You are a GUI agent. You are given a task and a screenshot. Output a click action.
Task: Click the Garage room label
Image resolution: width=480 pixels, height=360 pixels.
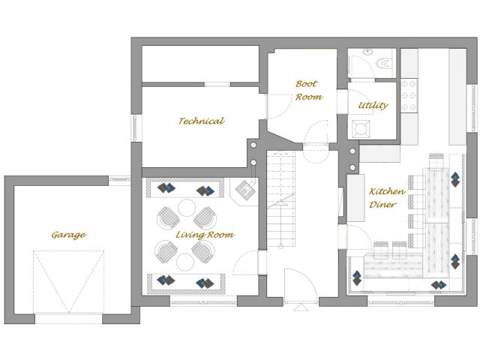pyautogui.click(x=68, y=235)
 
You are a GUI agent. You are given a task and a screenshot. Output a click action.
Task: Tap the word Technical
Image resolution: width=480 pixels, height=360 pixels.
pyautogui.click(x=201, y=121)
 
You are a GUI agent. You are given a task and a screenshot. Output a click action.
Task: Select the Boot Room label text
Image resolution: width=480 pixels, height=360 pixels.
pyautogui.click(x=308, y=90)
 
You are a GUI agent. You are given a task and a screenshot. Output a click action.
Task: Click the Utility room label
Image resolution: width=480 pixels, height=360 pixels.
pyautogui.click(x=373, y=105)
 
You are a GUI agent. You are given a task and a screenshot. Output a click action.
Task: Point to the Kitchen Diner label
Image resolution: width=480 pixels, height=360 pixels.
pyautogui.click(x=386, y=198)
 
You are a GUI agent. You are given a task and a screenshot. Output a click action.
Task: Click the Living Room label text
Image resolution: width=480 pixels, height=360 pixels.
pyautogui.click(x=205, y=235)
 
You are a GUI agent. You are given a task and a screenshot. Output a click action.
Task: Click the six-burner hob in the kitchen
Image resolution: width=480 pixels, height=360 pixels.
pyautogui.click(x=409, y=95)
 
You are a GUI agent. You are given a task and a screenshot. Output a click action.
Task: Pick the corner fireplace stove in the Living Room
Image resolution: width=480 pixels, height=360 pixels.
pyautogui.click(x=244, y=190)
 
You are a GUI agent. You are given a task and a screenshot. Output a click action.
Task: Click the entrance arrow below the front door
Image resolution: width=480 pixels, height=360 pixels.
pyautogui.click(x=301, y=307)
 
